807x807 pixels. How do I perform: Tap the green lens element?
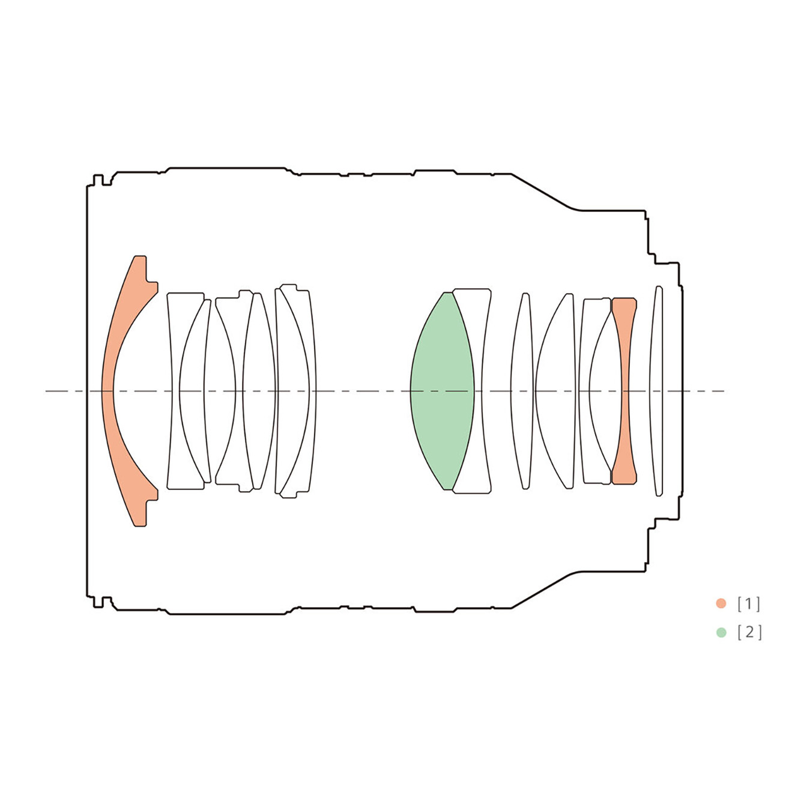click(443, 391)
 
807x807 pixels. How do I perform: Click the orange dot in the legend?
click(721, 603)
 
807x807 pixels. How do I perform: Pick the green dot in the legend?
click(721, 632)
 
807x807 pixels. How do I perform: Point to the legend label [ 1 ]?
click(749, 603)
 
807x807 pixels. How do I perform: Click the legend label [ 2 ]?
click(749, 632)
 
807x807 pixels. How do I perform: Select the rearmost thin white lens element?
click(657, 391)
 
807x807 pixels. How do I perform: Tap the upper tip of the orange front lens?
click(141, 256)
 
